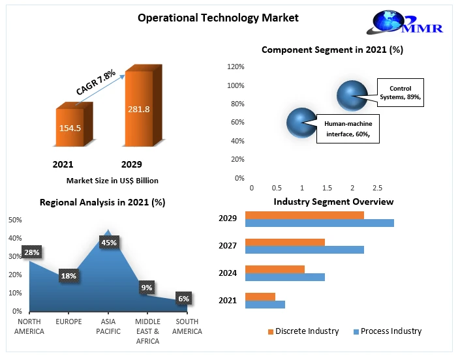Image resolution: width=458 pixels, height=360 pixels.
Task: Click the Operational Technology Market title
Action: click(x=218, y=18)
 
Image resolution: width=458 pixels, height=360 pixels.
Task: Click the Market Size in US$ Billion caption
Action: click(x=112, y=181)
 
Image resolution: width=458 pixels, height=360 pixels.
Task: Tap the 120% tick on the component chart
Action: click(x=235, y=67)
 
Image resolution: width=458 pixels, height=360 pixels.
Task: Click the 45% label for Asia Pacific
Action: click(x=108, y=243)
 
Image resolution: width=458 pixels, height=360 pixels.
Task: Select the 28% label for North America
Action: click(x=31, y=252)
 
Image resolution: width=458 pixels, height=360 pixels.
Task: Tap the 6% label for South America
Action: click(x=183, y=299)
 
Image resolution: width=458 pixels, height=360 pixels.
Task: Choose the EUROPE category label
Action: click(x=69, y=322)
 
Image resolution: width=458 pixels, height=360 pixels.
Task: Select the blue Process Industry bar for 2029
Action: click(x=319, y=223)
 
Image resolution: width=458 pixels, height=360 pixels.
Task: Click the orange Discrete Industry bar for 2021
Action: click(x=260, y=297)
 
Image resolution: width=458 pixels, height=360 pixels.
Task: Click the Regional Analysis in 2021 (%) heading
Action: click(x=102, y=202)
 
